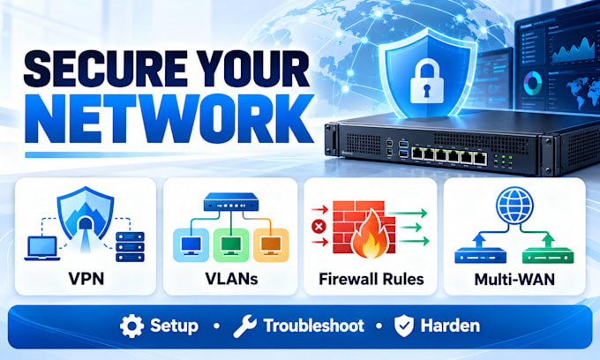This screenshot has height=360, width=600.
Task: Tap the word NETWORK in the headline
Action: point(169,118)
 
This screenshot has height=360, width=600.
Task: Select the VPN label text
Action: point(86,279)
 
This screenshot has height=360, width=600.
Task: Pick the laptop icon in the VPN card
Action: point(42,248)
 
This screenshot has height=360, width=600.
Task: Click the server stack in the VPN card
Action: point(130,246)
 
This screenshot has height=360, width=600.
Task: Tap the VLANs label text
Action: point(231,279)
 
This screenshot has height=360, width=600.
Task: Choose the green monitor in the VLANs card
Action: point(231,245)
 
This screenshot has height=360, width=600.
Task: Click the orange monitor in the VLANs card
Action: point(271,245)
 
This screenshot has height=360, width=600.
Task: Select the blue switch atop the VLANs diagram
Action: point(231,202)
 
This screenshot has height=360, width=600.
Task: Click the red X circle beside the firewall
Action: point(319,227)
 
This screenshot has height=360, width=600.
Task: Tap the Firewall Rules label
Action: point(371,279)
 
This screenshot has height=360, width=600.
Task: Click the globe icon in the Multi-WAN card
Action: point(514,206)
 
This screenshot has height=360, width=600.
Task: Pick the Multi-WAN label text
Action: point(514,280)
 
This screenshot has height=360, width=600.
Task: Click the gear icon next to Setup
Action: point(132,326)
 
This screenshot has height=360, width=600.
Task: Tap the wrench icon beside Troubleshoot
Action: point(245,326)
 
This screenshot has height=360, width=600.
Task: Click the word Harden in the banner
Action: point(450,326)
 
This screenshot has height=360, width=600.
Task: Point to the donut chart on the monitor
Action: point(533,84)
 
